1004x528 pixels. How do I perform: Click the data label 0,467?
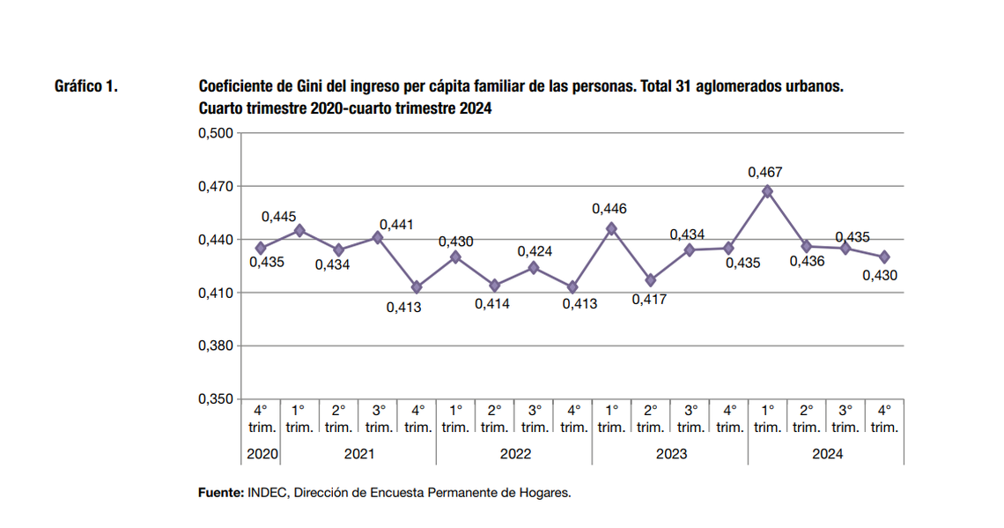click(764, 173)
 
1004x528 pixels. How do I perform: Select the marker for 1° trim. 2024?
click(767, 191)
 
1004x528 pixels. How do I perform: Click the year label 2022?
click(514, 455)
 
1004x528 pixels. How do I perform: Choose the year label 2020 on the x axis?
click(262, 455)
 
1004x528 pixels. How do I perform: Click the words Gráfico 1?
click(86, 87)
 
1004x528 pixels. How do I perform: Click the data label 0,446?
click(609, 209)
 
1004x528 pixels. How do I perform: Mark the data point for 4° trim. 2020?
click(261, 249)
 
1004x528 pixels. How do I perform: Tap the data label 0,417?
click(649, 300)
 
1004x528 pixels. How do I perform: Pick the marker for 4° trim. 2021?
click(417, 287)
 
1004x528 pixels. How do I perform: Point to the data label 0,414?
click(492, 304)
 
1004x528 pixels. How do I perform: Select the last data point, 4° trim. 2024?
click(884, 257)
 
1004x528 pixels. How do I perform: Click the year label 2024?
click(826, 455)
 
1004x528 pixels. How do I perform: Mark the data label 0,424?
click(535, 252)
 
